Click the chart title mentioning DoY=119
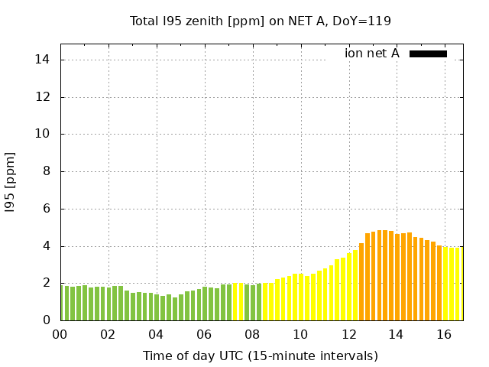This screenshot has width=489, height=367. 260,21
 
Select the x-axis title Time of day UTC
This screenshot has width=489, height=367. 260,356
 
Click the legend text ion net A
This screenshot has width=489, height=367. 372,54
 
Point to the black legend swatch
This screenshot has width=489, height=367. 428,54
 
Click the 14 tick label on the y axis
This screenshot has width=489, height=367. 44,60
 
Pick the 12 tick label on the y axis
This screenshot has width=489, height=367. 44,97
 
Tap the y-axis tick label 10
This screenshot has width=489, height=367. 44,134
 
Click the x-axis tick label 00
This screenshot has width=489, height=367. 60,334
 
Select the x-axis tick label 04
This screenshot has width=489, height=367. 156,334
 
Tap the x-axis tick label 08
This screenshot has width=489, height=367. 252,334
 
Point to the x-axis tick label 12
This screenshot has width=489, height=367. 348,334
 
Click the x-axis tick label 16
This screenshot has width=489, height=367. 444,334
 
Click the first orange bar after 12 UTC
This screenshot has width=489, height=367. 361,282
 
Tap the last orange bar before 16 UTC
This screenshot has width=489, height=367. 439,283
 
